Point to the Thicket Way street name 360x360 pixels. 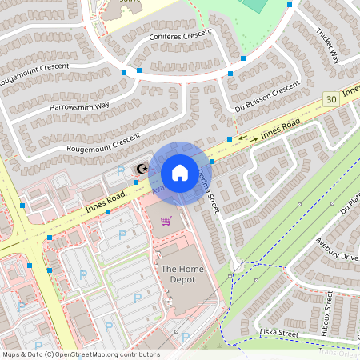328,46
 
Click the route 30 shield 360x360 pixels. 330,98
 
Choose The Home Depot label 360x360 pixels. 179,274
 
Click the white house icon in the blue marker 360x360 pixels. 179,172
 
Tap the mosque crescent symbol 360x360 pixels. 142,169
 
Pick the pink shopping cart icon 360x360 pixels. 166,221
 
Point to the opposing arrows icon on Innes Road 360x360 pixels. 248,138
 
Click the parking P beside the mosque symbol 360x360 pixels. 121,170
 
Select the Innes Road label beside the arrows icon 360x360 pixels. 280,127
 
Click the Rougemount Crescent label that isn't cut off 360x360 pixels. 103,141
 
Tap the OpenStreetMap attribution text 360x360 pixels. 81,354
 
